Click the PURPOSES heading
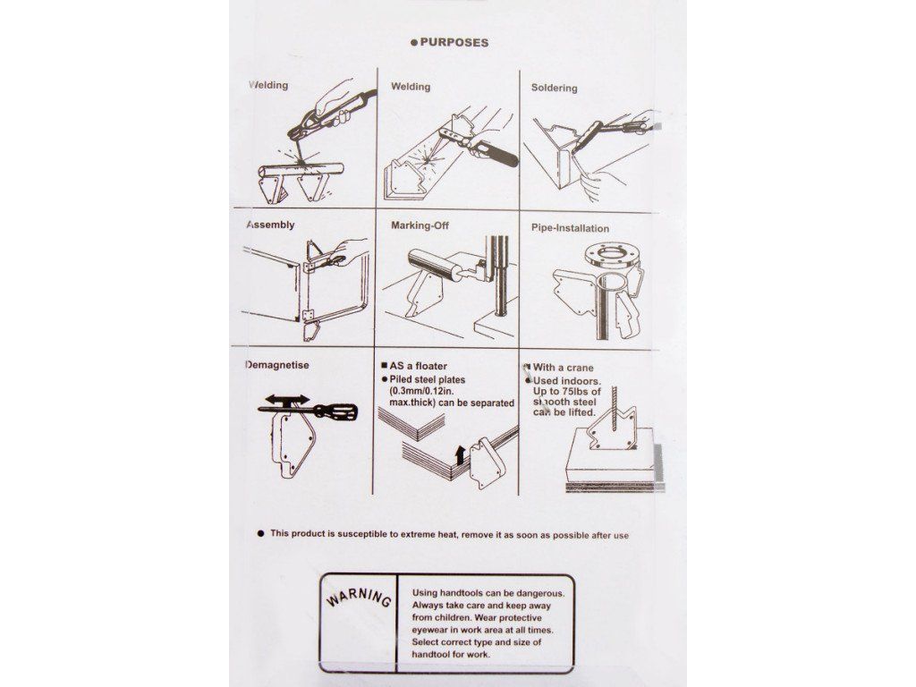[454, 43]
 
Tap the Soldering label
[554, 89]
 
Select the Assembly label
[270, 225]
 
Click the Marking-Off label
[420, 225]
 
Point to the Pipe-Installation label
[570, 228]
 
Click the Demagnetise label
[277, 366]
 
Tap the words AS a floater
[419, 366]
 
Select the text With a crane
[564, 368]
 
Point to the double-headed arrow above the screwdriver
[287, 400]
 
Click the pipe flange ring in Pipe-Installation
[610, 257]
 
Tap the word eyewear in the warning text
[430, 631]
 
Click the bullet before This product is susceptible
[260, 533]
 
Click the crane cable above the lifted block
[614, 408]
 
